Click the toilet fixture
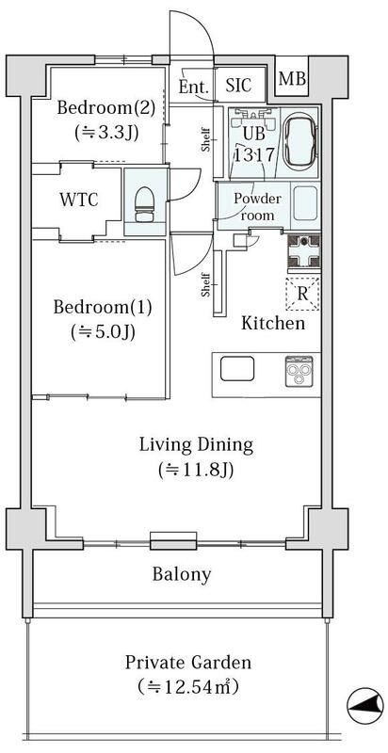coord(143,204)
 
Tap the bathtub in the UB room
coord(300,143)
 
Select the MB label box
coord(292,78)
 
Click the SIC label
coord(238,86)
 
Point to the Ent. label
coord(194,87)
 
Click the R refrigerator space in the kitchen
coord(302,294)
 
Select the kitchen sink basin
coord(237,369)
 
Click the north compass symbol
coord(365,705)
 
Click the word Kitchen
coord(273,323)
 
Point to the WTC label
coord(79,200)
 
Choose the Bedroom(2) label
coord(106,108)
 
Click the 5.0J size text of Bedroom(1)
coord(104,331)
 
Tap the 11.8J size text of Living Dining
coord(196,470)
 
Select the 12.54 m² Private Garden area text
coord(187,687)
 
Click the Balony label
coord(182,574)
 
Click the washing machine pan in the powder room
coord(305,206)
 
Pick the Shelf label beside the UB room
coord(205,139)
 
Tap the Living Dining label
coord(196,445)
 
